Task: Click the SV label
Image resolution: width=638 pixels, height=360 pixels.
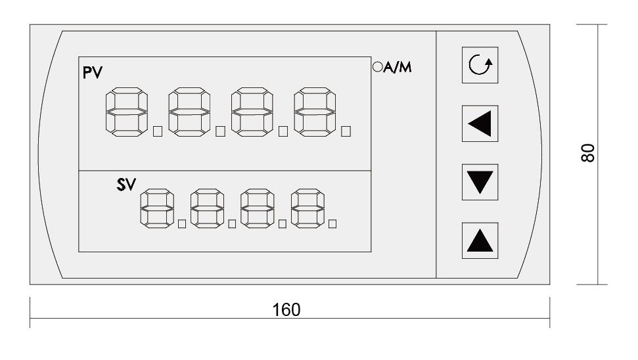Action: tap(125, 185)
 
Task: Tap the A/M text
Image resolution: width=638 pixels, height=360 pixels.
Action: tap(398, 66)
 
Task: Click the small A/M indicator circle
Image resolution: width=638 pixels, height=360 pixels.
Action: tap(377, 66)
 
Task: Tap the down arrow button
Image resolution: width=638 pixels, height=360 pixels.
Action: tap(477, 180)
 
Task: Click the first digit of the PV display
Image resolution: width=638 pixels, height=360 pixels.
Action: tap(126, 113)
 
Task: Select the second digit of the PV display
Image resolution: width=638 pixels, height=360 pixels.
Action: tap(189, 113)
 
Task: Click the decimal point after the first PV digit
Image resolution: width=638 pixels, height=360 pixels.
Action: tap(158, 132)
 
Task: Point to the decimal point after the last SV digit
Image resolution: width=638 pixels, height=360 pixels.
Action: tap(332, 224)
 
